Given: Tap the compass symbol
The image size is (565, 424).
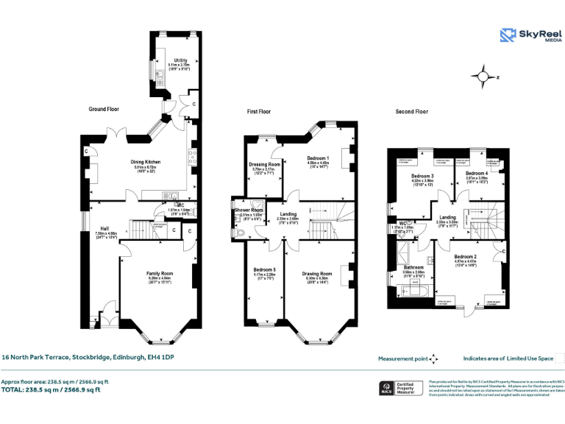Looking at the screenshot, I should [484, 75].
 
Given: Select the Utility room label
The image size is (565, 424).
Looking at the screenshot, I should [180, 61].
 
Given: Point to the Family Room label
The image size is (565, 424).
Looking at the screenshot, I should [158, 273].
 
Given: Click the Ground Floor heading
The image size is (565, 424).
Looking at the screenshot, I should [104, 109].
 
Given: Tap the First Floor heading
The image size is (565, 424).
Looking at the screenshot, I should [258, 112].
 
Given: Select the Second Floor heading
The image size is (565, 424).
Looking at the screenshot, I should [412, 112].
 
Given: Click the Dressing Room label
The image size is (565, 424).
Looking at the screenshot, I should [265, 164].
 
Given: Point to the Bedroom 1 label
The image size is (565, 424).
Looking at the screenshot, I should [318, 158].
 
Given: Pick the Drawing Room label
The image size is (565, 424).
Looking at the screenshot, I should [317, 273].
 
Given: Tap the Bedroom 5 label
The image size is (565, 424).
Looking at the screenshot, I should [264, 269].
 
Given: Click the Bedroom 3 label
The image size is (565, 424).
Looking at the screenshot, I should [422, 177].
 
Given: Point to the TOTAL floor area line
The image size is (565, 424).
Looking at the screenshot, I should [51, 389].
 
